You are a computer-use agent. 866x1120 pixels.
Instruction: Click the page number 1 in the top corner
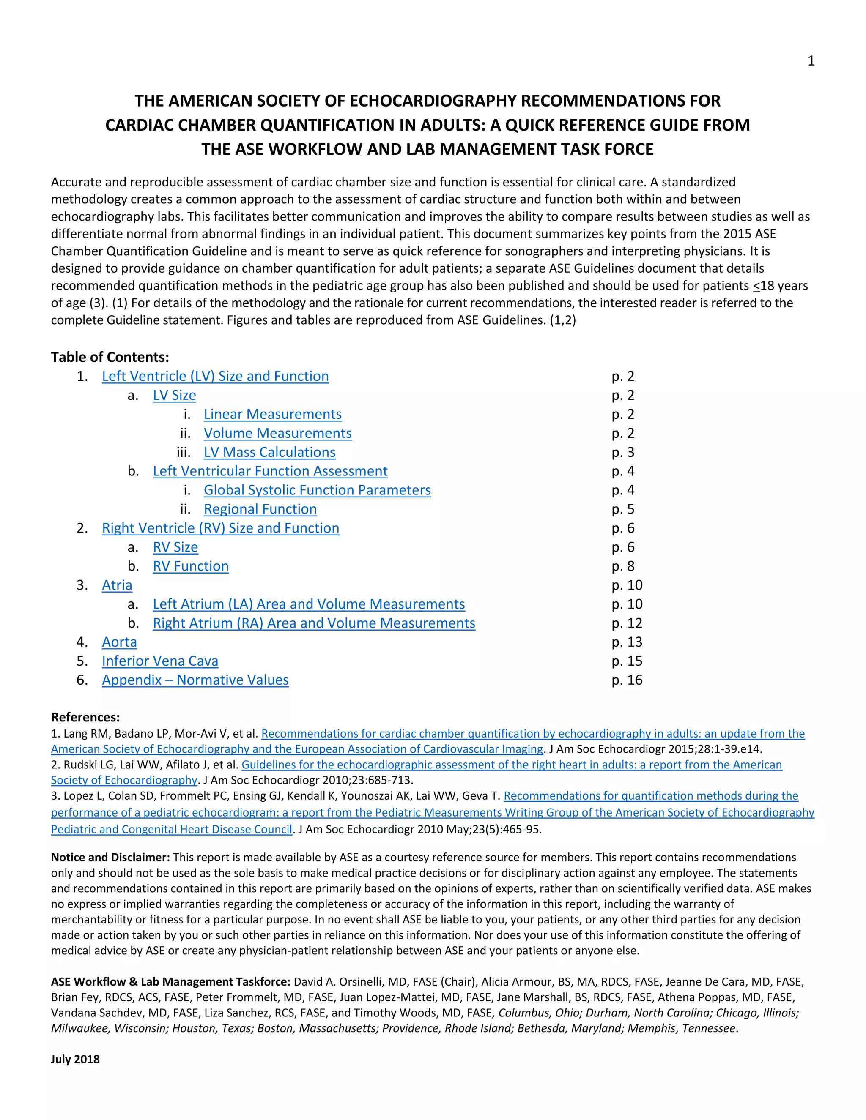pos(811,61)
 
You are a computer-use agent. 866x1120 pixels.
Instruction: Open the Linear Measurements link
pos(272,414)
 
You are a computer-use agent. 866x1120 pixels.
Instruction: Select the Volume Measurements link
pos(277,433)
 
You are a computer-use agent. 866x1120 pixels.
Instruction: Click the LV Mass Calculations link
pos(269,452)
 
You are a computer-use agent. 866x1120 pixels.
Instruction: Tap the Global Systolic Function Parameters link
pos(317,490)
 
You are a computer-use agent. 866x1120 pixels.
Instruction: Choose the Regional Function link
pos(260,509)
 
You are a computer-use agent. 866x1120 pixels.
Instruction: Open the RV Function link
pos(190,566)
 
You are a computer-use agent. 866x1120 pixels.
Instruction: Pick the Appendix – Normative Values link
pos(195,680)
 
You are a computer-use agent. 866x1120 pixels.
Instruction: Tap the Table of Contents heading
pos(110,357)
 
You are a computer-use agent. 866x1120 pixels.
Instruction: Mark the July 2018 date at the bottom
pos(75,1060)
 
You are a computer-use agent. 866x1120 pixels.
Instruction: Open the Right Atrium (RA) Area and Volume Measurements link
pos(314,623)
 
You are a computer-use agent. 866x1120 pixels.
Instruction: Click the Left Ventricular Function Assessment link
pos(270,471)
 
